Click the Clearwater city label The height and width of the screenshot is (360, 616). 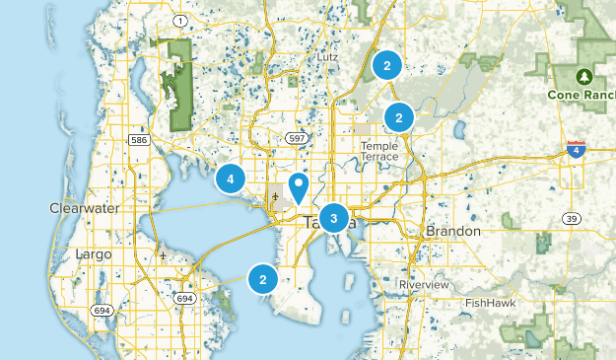tap(83, 208)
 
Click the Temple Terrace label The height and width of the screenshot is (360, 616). tap(378, 151)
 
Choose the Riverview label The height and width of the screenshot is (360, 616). tap(424, 284)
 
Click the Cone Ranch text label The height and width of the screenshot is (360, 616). tap(582, 97)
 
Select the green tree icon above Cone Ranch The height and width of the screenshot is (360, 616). tap(583, 75)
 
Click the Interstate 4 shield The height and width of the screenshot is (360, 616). tap(577, 149)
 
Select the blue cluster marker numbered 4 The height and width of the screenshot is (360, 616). tap(231, 179)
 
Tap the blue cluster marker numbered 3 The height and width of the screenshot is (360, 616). tap(334, 218)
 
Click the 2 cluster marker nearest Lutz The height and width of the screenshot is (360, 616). tap(387, 66)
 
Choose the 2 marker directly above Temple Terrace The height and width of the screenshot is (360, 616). tap(399, 117)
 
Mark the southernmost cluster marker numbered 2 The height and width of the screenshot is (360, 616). tap(262, 279)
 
